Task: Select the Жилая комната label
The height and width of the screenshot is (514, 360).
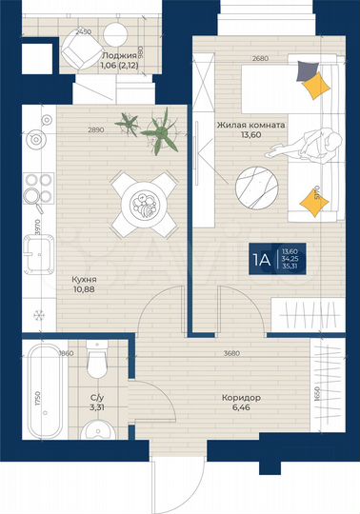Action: pyautogui.click(x=230, y=122)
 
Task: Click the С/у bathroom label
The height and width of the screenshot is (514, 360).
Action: pyautogui.click(x=97, y=397)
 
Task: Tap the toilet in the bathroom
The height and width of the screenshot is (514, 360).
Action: pyautogui.click(x=95, y=362)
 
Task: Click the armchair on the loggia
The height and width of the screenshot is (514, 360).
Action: pyautogui.click(x=72, y=55)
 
